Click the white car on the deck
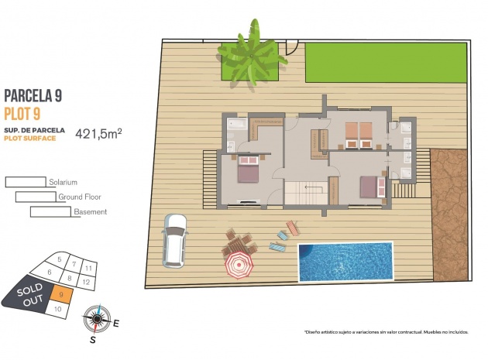[x=174, y=240]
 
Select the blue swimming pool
[x=345, y=262]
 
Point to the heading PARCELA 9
[x=33, y=96]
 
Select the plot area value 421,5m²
[x=98, y=133]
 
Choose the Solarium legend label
[x=63, y=182]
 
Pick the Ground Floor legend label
[x=80, y=197]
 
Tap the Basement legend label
[x=90, y=211]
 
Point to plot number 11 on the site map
[x=89, y=268]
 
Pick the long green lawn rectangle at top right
[x=386, y=62]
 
